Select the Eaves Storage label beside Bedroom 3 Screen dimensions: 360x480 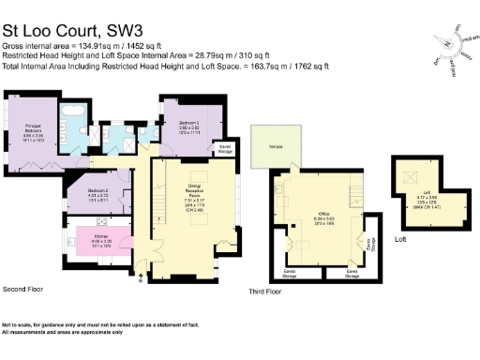point(225,147)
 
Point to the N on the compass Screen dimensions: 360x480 point(446,44)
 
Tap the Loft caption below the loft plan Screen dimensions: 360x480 point(400,240)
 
